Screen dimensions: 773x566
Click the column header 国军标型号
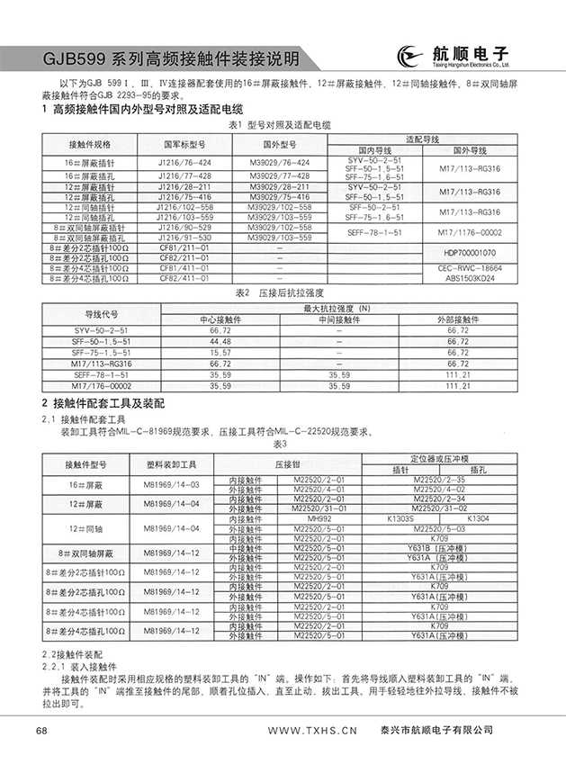click(184, 144)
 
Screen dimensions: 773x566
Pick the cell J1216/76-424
click(184, 162)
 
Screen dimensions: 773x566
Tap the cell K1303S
click(400, 519)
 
